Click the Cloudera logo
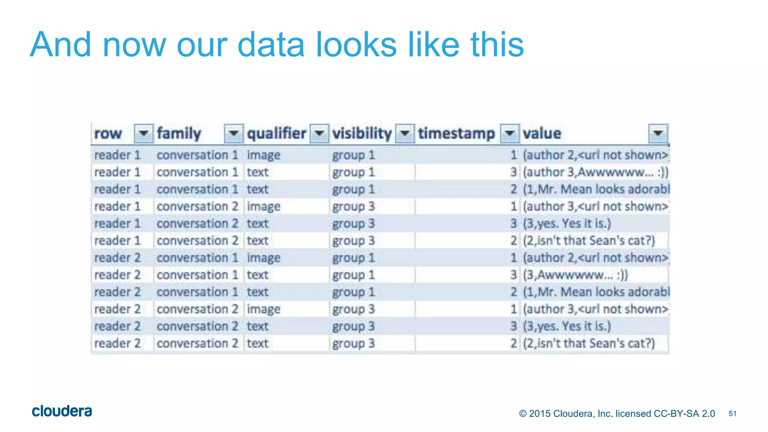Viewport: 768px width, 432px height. (62, 411)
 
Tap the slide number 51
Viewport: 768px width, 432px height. (732, 414)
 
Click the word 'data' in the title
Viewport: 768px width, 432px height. (271, 45)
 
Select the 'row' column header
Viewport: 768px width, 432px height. (108, 133)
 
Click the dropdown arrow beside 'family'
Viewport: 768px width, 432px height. (234, 133)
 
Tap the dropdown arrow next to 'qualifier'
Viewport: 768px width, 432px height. (319, 133)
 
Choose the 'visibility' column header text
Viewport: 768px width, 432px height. (362, 133)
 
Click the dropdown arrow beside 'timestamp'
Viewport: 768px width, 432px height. (510, 133)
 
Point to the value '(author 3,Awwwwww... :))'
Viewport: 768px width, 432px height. (595, 172)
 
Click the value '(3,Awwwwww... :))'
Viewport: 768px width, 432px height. (575, 275)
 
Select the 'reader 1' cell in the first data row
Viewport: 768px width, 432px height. (117, 155)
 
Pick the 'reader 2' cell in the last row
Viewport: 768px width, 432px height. (117, 343)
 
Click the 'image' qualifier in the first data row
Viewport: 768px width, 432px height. (263, 155)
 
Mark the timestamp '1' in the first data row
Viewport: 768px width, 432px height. (513, 155)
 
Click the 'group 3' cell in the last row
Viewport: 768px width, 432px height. (353, 343)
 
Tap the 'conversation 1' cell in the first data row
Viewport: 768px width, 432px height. (197, 155)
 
